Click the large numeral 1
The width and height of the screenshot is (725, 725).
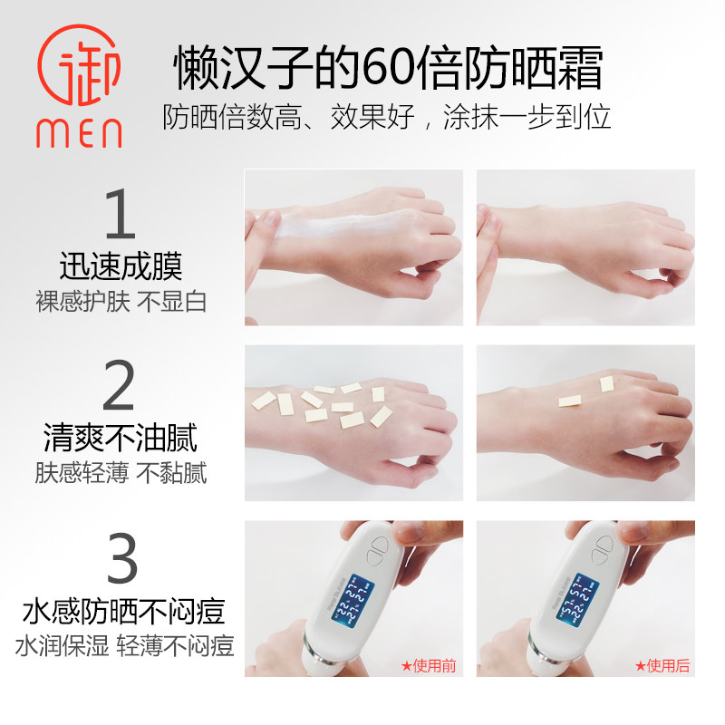click(121, 215)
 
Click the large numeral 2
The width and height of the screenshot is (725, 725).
click(121, 387)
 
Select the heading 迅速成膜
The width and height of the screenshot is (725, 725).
click(121, 266)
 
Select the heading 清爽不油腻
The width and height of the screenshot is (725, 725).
click(121, 440)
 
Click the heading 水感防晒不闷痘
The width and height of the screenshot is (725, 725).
click(122, 612)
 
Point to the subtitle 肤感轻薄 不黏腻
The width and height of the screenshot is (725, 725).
click(121, 473)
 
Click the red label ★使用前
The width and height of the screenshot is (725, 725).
click(428, 666)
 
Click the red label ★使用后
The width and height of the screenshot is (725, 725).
click(662, 666)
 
